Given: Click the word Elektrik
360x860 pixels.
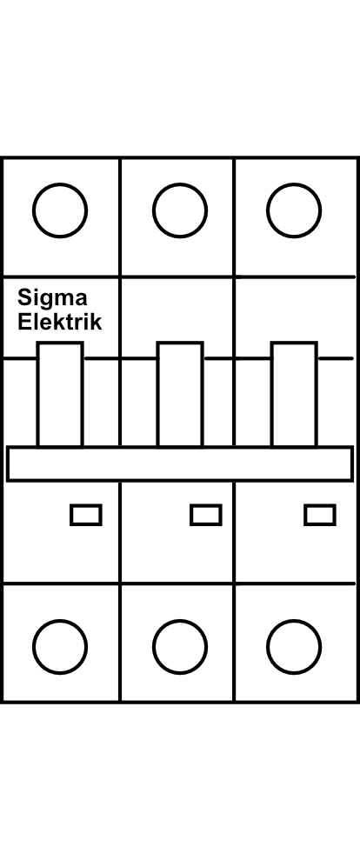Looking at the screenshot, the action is point(59,322).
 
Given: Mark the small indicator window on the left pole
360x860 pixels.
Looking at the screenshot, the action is point(86,515).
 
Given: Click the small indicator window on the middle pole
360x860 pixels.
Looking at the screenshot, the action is point(206,515).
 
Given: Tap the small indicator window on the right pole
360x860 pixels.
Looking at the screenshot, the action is point(320,515).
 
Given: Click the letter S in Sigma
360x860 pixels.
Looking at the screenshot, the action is point(24,297).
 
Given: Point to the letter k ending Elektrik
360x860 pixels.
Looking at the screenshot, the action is point(96,322).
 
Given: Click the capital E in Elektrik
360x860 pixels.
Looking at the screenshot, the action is point(23,322).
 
